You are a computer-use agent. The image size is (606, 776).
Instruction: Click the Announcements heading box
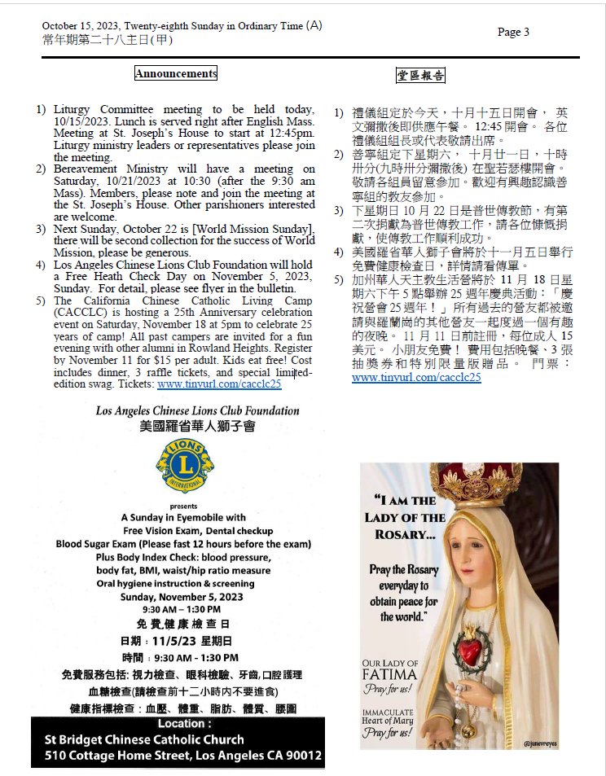click(176, 73)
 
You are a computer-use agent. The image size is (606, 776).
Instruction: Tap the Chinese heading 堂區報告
click(420, 76)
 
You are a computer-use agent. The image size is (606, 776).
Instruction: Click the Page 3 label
click(513, 33)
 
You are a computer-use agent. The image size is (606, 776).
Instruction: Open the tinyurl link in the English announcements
click(219, 384)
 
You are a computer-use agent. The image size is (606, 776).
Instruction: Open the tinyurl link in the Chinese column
click(416, 378)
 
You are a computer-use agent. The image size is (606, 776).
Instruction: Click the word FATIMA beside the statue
click(389, 675)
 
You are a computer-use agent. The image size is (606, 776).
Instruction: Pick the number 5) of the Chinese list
click(338, 281)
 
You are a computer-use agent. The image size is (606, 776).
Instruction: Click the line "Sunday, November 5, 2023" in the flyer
click(182, 597)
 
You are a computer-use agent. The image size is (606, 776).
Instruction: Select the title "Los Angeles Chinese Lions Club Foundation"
click(186, 411)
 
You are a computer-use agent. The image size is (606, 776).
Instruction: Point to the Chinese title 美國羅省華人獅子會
click(187, 427)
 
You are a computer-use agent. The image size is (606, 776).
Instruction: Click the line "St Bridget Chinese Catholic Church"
click(144, 739)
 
